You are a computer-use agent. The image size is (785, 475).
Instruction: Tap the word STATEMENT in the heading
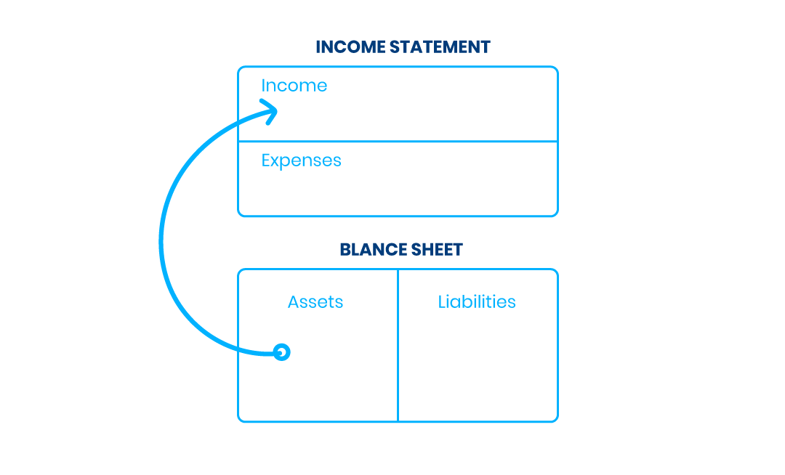tap(440, 47)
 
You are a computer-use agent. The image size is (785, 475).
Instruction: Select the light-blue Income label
tap(294, 86)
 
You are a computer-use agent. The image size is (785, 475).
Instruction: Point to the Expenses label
tap(301, 161)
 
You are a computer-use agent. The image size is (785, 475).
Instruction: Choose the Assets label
tap(315, 302)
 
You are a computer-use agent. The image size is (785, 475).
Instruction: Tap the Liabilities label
tap(477, 302)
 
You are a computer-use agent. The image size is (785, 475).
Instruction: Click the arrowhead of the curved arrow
tap(271, 111)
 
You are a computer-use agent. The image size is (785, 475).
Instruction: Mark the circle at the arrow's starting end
tap(282, 352)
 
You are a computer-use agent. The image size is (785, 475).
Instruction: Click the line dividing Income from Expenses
tap(398, 142)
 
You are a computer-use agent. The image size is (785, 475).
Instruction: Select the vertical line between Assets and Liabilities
tap(398, 346)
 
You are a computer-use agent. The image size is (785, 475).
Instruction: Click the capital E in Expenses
tap(266, 160)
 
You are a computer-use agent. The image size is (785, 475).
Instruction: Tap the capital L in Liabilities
tap(442, 302)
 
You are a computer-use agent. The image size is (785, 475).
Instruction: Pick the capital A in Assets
tap(294, 302)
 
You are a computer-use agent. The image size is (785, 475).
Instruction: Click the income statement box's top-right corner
tap(557, 67)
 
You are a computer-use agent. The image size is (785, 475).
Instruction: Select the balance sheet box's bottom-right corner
tap(557, 421)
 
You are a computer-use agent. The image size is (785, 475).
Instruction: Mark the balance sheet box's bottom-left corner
tap(239, 421)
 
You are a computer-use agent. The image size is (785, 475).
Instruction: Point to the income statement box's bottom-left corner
tap(239, 216)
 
